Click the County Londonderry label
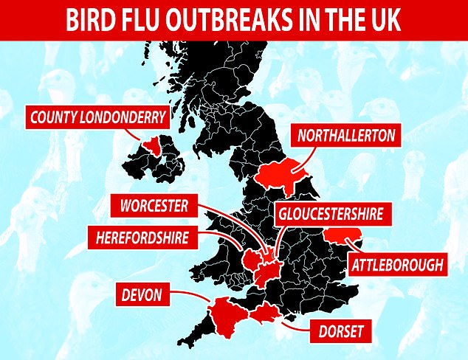coord(95,116)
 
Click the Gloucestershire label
coord(332,215)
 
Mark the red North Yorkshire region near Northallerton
coord(284,171)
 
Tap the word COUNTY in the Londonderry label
coord(58,116)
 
